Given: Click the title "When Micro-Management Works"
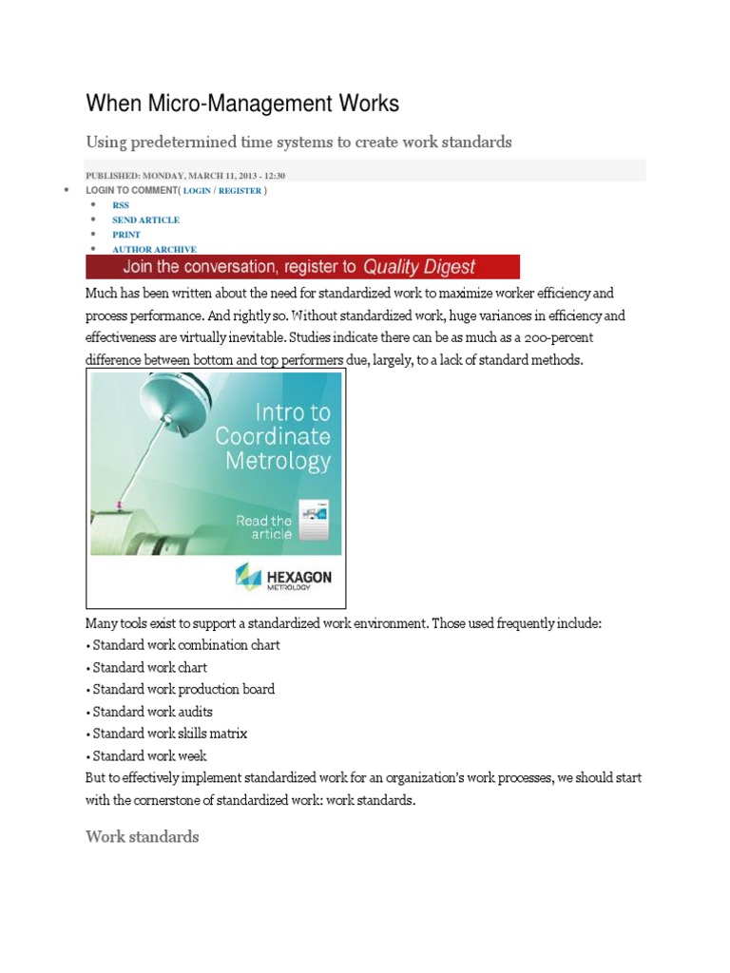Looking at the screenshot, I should (242, 103).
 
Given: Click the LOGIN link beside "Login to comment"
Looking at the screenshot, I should (197, 190).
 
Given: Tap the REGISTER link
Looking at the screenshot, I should (240, 190).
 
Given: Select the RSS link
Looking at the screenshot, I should (121, 204).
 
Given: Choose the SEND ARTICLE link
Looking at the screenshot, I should (145, 219).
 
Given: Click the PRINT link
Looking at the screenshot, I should (126, 234).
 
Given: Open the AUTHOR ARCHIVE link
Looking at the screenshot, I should (154, 249).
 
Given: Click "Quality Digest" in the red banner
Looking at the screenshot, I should (418, 267).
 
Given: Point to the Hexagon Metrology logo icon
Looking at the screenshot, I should (248, 577).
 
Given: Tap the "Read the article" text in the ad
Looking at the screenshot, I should (264, 527).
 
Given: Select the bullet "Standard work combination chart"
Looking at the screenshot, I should (186, 645).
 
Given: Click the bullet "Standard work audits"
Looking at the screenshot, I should (152, 712).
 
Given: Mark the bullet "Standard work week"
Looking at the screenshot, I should (149, 756).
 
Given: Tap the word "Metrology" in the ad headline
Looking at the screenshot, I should (278, 462).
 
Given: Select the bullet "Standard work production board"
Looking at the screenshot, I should (183, 689).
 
